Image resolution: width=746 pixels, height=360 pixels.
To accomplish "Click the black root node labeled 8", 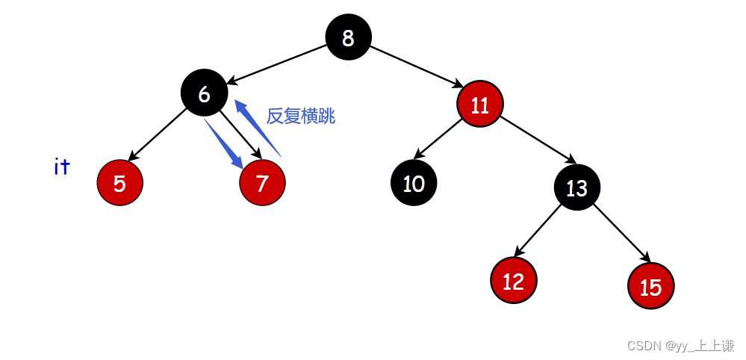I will [348, 37].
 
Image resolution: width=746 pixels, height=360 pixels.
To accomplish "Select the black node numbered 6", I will [204, 93].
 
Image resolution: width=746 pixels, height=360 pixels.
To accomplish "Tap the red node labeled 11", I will [480, 105].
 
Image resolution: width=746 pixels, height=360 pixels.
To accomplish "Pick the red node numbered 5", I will [119, 183].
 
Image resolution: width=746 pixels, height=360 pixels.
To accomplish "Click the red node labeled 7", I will [262, 183].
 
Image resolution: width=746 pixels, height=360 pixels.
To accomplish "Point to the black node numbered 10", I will [414, 183].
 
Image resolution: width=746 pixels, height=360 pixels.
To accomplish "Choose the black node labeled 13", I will [577, 187].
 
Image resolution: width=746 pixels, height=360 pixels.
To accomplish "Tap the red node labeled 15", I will [650, 286].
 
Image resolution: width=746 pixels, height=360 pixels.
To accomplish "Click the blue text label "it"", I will [62, 167].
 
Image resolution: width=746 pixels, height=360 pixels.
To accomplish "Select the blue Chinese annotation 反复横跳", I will [301, 117].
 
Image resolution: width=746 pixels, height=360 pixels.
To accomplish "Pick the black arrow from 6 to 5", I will [158, 136].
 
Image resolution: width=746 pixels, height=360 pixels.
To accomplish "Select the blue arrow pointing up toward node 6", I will [258, 128].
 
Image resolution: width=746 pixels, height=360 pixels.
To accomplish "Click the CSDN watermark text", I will [680, 346].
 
